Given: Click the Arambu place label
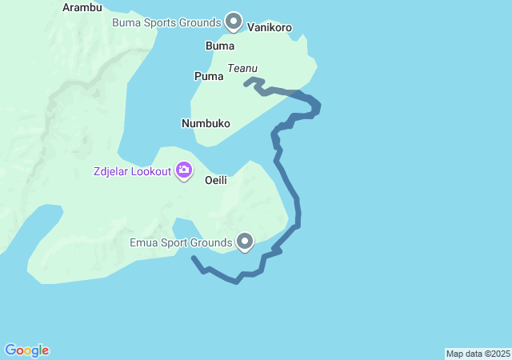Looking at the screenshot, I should [x=82, y=8].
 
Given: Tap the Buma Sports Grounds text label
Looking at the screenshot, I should [x=166, y=22].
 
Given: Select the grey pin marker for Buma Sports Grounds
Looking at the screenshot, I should [x=234, y=21].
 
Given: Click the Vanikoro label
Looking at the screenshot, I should [x=270, y=27].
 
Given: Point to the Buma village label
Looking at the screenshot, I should [x=220, y=46].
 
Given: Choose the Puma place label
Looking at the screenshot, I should [x=208, y=76].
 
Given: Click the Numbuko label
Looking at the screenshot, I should [x=206, y=123].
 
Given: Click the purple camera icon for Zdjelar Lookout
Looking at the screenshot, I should [x=184, y=170].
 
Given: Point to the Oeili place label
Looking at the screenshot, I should [x=216, y=180].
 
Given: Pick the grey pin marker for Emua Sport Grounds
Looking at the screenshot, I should [x=245, y=241].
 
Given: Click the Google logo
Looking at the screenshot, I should [x=26, y=350].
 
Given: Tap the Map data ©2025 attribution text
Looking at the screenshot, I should [x=478, y=354].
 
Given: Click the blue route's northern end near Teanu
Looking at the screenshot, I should [x=246, y=82].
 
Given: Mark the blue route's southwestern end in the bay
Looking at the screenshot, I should [x=194, y=258].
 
